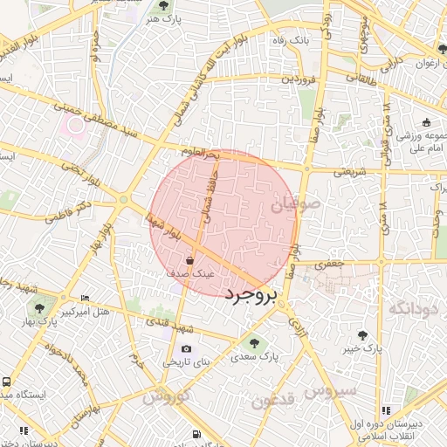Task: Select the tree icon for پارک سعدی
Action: [x=254, y=343]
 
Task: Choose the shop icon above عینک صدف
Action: [x=190, y=260]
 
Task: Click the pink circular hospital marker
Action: [x=76, y=125]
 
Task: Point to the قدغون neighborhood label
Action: [x=275, y=401]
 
